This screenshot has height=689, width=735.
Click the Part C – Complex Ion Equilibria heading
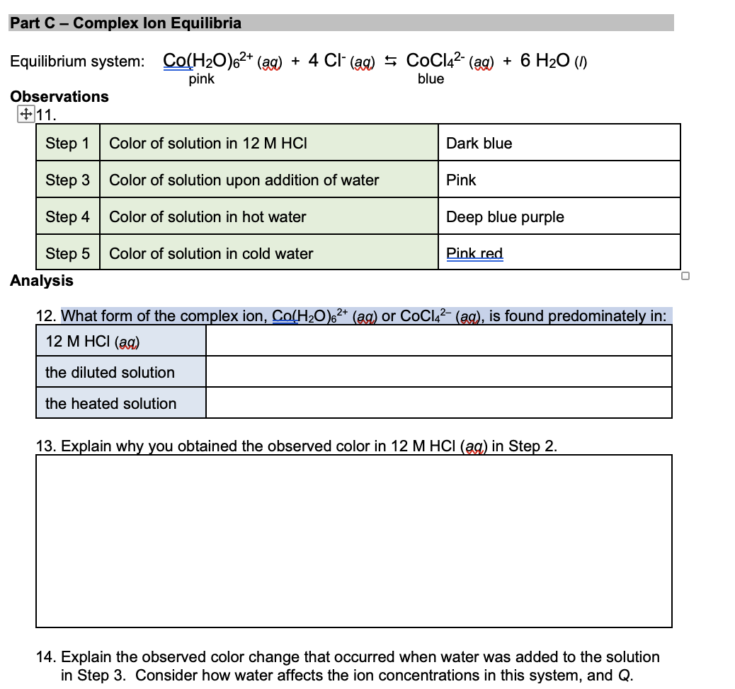(126, 23)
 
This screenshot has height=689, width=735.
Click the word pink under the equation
(202, 79)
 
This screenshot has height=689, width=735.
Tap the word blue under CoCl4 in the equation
(431, 79)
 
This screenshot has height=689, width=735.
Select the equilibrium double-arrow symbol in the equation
(389, 62)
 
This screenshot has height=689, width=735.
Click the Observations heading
(59, 96)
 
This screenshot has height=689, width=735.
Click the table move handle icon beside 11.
(25, 114)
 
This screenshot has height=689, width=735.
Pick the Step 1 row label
(67, 143)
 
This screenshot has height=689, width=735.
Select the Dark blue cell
(479, 143)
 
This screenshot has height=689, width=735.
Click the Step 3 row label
(67, 180)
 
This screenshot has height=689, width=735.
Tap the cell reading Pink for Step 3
(461, 180)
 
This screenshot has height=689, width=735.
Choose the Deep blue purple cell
(505, 216)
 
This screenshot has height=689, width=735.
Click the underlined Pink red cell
(474, 253)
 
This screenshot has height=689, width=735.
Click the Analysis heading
(42, 281)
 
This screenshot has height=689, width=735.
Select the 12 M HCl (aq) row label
(93, 341)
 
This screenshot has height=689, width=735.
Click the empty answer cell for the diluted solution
(438, 372)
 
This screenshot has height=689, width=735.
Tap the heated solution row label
(110, 403)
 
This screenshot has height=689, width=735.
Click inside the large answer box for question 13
(354, 540)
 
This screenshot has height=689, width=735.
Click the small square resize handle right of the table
(685, 277)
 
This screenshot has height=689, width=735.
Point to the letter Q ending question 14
(623, 675)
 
